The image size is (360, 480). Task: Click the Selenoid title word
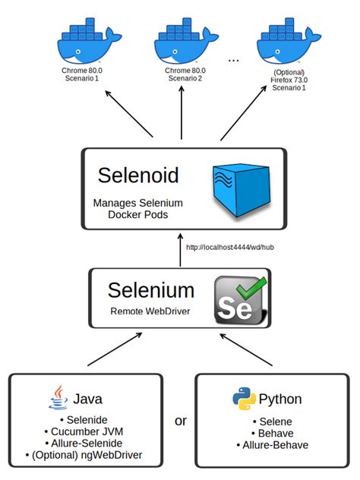[x=138, y=176]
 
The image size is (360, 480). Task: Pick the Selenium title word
[x=150, y=290]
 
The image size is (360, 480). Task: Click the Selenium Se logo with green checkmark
[x=242, y=301]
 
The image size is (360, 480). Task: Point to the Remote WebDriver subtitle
[x=150, y=311]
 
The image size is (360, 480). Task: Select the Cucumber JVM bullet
[x=89, y=431]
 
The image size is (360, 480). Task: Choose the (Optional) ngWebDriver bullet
[x=89, y=456]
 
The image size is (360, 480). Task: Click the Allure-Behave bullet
[x=274, y=444]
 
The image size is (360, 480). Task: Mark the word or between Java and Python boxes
[x=181, y=420]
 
